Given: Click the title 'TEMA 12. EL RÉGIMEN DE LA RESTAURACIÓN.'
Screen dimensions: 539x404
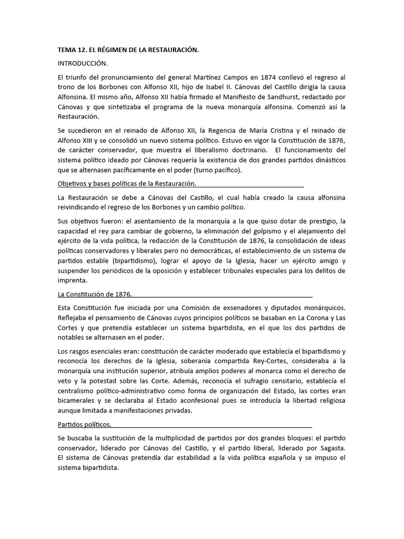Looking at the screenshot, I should [x=128, y=50].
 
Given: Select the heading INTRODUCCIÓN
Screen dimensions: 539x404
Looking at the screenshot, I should [x=82, y=63].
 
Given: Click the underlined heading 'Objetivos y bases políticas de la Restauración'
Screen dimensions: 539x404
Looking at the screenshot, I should [x=126, y=183].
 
